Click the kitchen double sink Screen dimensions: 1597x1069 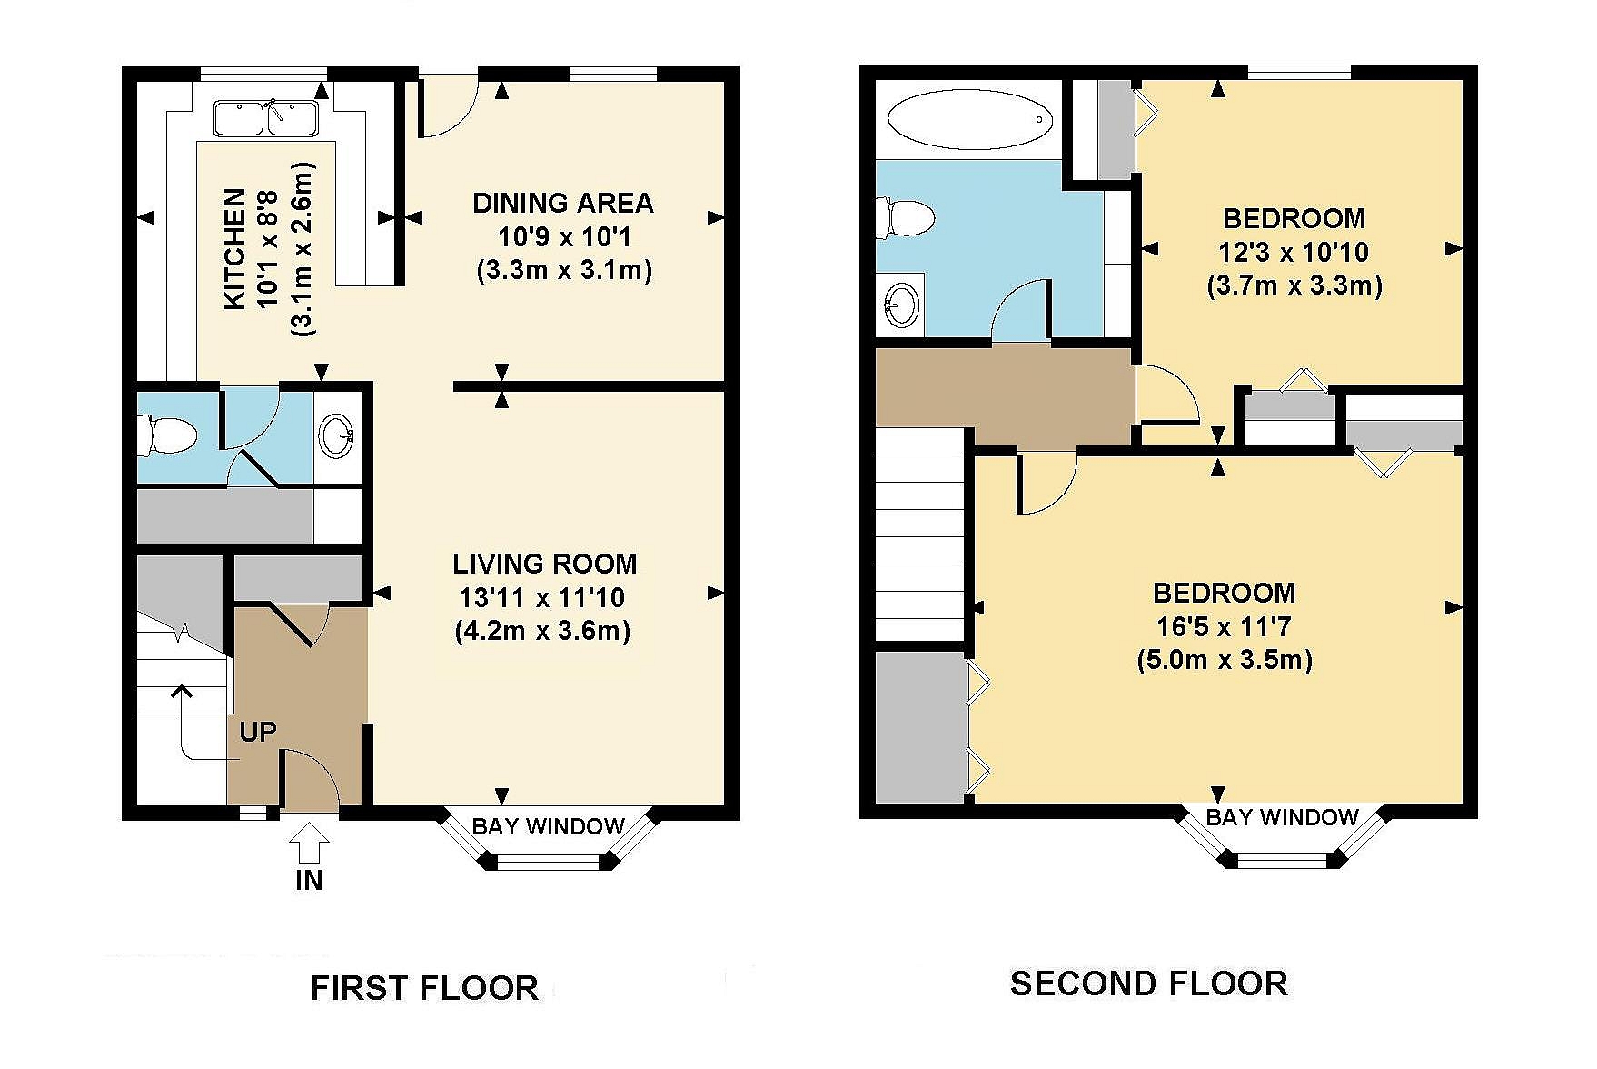coord(265,118)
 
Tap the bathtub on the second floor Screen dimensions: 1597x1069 coord(969,119)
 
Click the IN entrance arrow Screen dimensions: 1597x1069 coord(310,842)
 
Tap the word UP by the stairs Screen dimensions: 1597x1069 coord(258,732)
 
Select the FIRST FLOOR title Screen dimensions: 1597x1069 coord(424,988)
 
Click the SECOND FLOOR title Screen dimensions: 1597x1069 coord(1149,984)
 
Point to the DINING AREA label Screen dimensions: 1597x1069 coord(563,203)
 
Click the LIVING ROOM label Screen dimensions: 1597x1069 coord(545,564)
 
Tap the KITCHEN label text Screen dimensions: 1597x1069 coord(235,248)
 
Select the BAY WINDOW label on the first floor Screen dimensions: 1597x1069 coord(549,826)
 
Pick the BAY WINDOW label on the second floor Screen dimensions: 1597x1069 coord(1282,817)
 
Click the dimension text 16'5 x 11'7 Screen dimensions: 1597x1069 coord(1224,626)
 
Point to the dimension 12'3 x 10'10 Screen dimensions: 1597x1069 coord(1294,252)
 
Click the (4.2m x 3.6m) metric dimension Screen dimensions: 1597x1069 coord(542,630)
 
